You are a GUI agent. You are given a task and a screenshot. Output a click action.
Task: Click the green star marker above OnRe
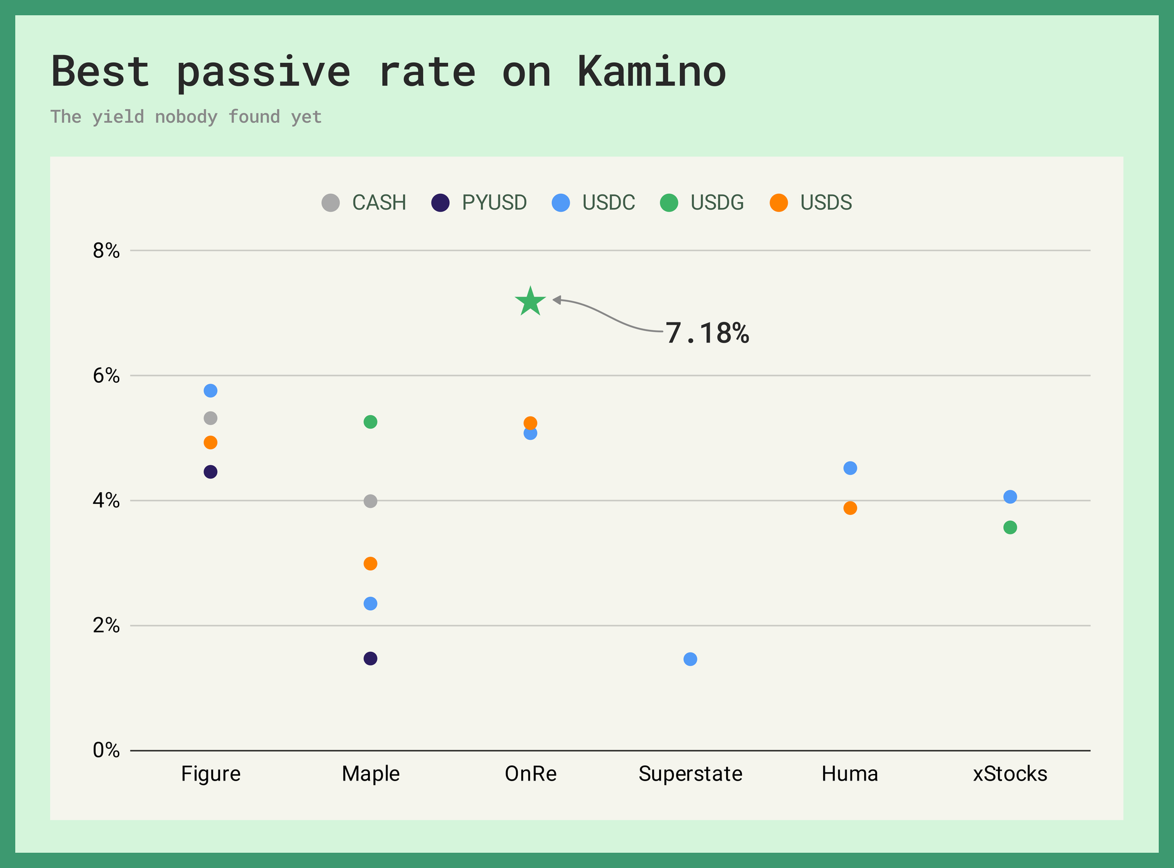point(531,302)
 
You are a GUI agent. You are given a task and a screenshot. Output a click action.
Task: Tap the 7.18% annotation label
point(707,333)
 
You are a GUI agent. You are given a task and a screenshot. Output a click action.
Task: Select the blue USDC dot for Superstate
point(690,659)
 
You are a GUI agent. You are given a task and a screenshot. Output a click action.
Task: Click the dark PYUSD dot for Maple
point(370,658)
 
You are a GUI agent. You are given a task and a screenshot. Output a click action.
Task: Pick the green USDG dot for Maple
point(370,422)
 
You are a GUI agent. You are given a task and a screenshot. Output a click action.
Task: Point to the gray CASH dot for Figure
point(211,418)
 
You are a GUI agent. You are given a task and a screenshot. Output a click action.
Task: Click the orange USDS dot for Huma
point(850,508)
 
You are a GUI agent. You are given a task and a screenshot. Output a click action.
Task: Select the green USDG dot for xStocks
point(1010,527)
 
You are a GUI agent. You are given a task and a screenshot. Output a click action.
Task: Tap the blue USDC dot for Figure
point(211,391)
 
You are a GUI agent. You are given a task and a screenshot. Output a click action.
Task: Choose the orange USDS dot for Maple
point(370,564)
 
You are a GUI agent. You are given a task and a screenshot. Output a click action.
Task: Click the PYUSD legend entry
point(479,203)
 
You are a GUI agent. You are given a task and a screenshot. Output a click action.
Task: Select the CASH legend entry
point(364,203)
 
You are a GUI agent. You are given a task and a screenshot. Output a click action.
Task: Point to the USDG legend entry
point(702,203)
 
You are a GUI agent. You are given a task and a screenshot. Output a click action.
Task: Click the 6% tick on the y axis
point(106,375)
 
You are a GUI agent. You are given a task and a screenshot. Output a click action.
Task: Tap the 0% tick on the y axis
point(106,750)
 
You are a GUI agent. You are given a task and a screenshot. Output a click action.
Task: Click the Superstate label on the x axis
point(690,774)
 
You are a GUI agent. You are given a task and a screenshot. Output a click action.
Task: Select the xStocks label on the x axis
point(1010,774)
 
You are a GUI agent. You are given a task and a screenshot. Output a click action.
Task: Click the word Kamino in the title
point(652,72)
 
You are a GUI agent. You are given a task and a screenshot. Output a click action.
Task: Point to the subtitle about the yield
point(186,116)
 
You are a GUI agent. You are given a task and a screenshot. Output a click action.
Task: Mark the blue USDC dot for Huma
point(850,468)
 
